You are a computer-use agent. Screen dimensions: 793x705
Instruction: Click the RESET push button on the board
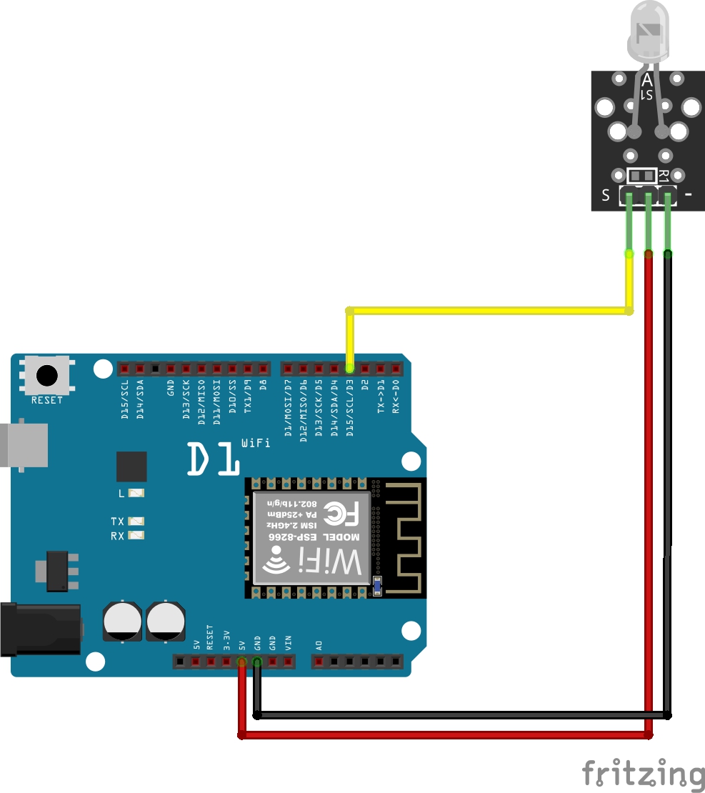(x=47, y=374)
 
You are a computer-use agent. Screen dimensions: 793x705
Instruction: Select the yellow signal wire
(x=486, y=311)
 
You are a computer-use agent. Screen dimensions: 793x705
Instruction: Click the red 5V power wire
(x=443, y=734)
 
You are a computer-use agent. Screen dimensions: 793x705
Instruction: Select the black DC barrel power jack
(x=40, y=629)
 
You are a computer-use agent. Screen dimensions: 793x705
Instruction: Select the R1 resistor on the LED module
(x=641, y=175)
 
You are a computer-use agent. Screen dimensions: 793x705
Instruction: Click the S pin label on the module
(x=606, y=195)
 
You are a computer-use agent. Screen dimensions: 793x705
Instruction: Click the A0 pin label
(x=319, y=644)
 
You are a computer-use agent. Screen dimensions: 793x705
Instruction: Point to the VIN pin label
(x=289, y=641)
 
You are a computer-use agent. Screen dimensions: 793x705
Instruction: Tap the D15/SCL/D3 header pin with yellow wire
(x=349, y=369)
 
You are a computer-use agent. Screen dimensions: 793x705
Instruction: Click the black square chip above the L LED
(x=131, y=467)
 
